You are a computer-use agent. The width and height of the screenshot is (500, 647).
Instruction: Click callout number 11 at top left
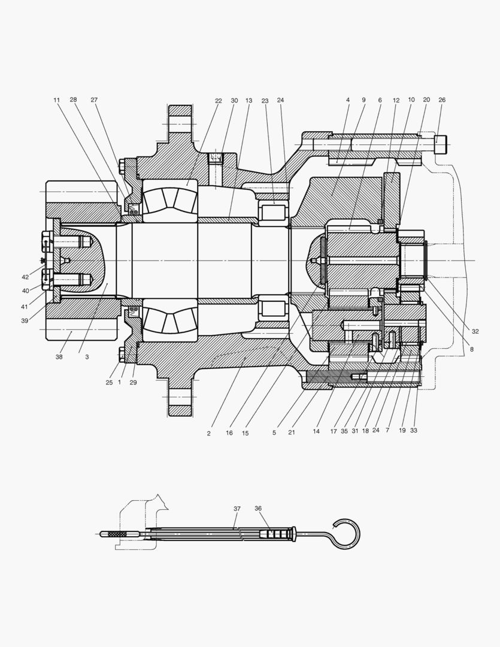coord(56,100)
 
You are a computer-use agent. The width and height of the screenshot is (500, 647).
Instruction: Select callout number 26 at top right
coord(442,100)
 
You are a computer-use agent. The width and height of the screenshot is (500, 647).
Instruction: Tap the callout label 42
coord(25,277)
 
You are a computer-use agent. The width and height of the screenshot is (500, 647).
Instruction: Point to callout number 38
coord(59,356)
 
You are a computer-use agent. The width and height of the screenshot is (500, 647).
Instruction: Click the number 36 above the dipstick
coord(258,508)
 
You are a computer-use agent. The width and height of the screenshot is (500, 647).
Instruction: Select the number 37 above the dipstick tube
coord(237,508)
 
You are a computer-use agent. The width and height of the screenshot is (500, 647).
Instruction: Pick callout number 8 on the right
coord(471,348)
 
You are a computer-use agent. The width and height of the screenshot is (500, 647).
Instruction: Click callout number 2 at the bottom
coord(208,433)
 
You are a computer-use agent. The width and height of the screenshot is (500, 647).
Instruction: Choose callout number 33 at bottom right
coord(413,430)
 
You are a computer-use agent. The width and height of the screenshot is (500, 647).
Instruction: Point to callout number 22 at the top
coord(219,101)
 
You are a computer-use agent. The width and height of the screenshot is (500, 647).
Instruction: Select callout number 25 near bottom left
coord(110,382)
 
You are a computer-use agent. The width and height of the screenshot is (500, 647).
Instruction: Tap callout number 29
coord(133,382)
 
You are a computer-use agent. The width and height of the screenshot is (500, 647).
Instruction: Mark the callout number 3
coord(87,356)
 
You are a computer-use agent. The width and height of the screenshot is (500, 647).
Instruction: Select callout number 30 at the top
coord(234,101)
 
